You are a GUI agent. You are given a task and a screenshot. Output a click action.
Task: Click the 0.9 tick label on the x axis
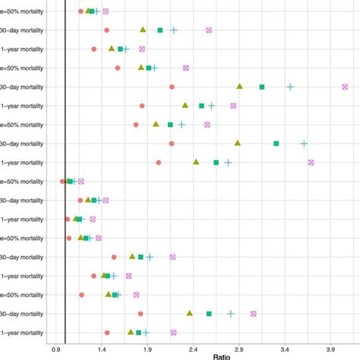click(x=56, y=350)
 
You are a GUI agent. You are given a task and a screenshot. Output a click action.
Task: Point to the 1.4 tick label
click(x=102, y=350)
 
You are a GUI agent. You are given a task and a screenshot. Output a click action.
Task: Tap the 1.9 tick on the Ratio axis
click(x=147, y=350)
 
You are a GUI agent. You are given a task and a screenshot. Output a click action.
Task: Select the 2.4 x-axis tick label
click(x=194, y=350)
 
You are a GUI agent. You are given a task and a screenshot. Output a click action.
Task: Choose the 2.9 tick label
click(x=239, y=350)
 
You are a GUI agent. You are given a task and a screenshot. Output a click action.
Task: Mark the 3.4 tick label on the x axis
click(x=285, y=350)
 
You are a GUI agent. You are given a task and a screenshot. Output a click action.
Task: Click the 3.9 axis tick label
click(x=330, y=350)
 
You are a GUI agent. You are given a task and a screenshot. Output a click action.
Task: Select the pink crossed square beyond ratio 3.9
click(x=345, y=87)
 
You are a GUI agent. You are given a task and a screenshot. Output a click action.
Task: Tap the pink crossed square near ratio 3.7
click(x=311, y=163)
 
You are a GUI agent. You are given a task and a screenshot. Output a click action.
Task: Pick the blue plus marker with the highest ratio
click(x=304, y=144)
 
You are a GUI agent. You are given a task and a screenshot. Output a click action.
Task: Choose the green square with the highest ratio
click(x=276, y=144)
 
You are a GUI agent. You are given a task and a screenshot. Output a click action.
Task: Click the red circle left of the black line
click(x=62, y=182)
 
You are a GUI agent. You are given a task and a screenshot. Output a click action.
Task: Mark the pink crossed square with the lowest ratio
click(x=81, y=182)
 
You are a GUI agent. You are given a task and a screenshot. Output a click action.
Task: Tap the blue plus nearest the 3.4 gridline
click(x=290, y=87)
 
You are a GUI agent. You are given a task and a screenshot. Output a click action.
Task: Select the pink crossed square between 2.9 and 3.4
click(x=254, y=314)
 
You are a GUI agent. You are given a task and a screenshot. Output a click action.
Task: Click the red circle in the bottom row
click(x=107, y=333)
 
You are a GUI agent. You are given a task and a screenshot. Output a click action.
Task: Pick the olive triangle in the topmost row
click(x=88, y=11)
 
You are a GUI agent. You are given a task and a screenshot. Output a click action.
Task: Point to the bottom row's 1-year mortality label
click(x=22, y=333)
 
